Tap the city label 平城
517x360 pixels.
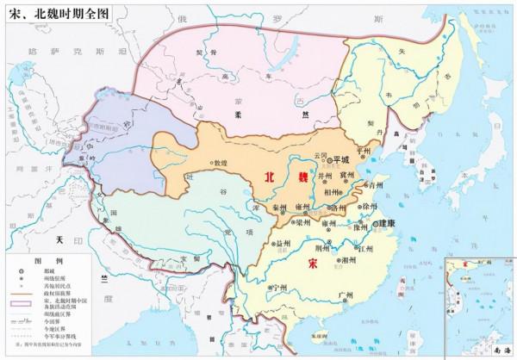(x=342, y=159)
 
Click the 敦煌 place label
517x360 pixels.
(x=221, y=163)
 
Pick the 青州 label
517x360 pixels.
(x=372, y=184)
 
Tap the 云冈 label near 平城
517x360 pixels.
(x=321, y=155)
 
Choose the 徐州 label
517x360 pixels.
(x=371, y=208)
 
